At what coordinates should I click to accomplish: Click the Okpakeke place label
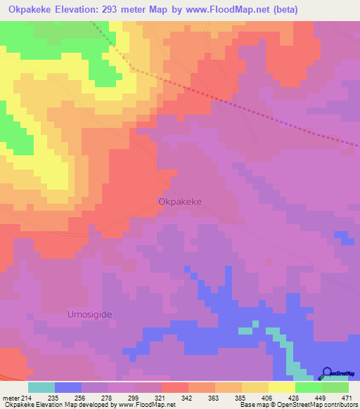coord(179,201)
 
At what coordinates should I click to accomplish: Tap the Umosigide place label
coord(90,314)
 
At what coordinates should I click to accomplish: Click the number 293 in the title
coord(132,10)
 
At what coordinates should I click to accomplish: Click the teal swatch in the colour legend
coord(41,387)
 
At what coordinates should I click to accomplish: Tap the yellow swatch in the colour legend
coord(282,387)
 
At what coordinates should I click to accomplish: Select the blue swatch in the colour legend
coord(68,387)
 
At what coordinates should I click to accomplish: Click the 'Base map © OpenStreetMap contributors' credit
coord(298,405)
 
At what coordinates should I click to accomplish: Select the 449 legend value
coord(319,397)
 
